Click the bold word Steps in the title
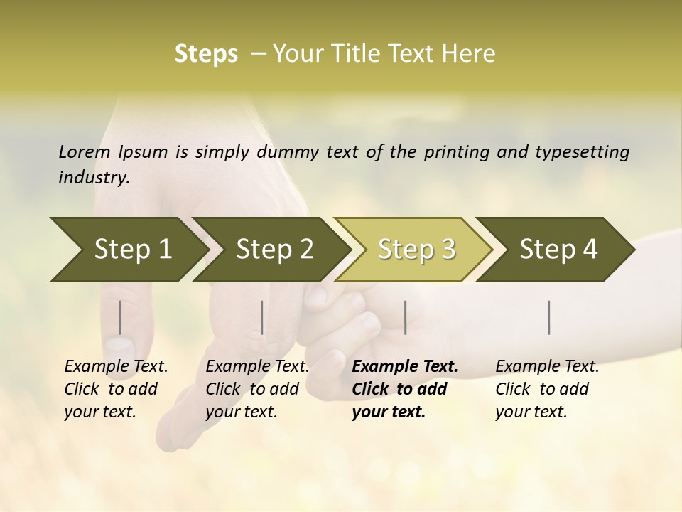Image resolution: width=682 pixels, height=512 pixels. tap(206, 54)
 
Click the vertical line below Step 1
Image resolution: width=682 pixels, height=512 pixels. tap(120, 317)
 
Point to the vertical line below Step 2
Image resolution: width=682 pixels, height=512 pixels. tap(262, 317)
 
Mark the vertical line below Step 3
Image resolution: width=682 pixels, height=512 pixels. tap(406, 317)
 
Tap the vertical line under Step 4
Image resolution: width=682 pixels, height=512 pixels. tap(549, 317)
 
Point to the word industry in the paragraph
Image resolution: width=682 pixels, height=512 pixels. tap(93, 178)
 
